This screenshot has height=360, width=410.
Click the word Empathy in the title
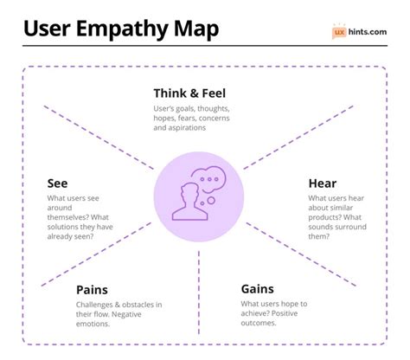pyautogui.click(x=131, y=28)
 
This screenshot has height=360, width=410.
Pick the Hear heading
pyautogui.click(x=323, y=183)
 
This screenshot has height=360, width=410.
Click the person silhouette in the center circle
pyautogui.click(x=188, y=201)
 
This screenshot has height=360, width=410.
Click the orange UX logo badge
pyautogui.click(x=340, y=32)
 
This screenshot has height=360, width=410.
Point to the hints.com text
pyautogui.click(x=368, y=32)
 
